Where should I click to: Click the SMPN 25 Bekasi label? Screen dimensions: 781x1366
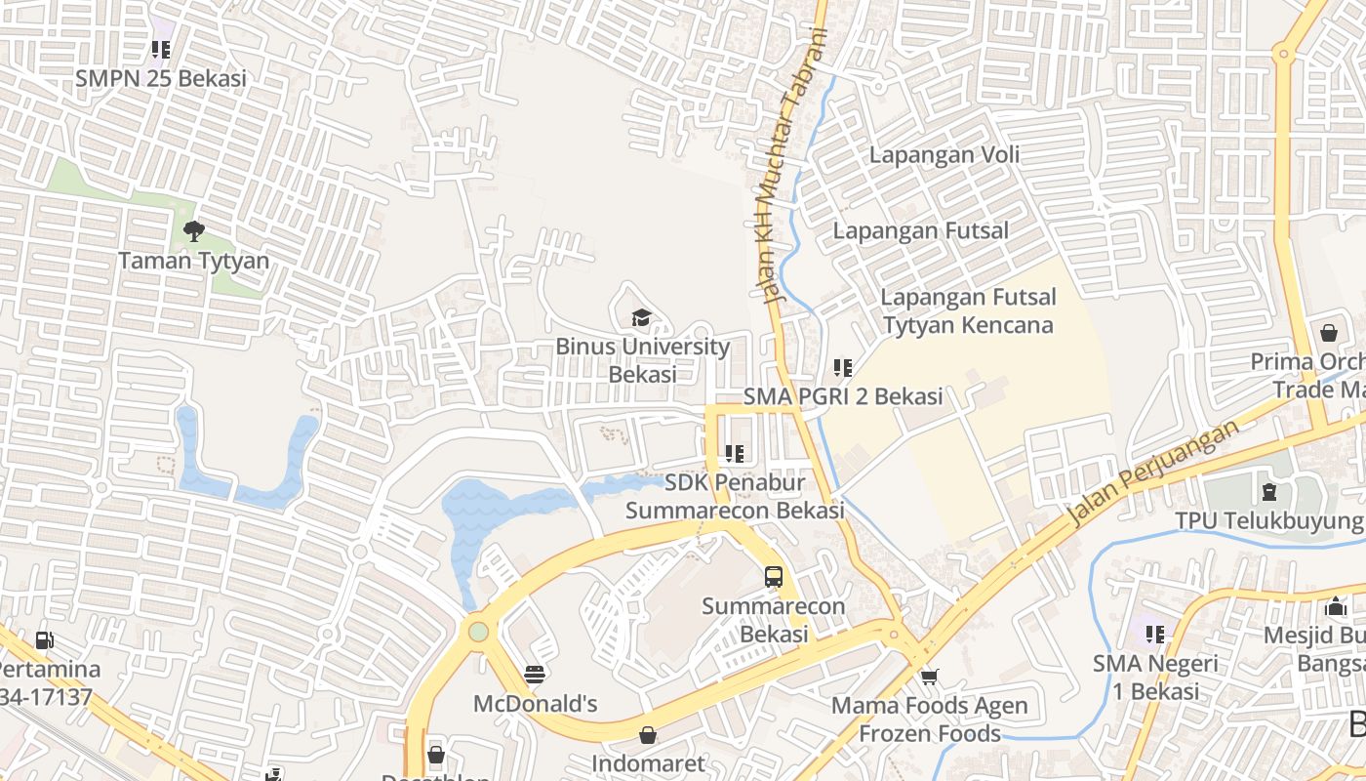tap(161, 78)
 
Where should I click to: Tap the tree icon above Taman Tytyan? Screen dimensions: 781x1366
tap(193, 231)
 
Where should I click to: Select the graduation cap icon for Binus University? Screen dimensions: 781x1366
tap(641, 317)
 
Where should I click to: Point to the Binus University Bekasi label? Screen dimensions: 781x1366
tap(642, 360)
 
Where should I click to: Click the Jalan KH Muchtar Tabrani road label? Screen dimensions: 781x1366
tap(789, 166)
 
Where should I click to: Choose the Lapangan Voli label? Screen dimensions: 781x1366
tap(944, 154)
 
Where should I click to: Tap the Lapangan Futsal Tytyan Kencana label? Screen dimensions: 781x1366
tap(968, 310)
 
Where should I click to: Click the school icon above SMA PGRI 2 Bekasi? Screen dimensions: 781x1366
tap(843, 368)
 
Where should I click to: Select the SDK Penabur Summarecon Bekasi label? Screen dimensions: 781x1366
tap(734, 496)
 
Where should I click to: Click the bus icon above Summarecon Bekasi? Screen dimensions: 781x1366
tap(774, 576)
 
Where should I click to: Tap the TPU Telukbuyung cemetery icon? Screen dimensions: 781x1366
tap(1268, 492)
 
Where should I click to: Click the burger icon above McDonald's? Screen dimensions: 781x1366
tap(534, 675)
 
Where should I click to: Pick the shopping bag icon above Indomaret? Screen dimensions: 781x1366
tap(648, 735)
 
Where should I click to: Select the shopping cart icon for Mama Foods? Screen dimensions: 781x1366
tap(929, 677)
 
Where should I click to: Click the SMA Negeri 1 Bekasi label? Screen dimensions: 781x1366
tap(1155, 678)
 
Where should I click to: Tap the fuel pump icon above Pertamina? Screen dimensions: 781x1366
tap(44, 640)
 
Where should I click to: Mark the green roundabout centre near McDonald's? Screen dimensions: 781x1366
tap(478, 631)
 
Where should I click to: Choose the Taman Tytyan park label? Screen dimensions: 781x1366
tap(193, 261)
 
